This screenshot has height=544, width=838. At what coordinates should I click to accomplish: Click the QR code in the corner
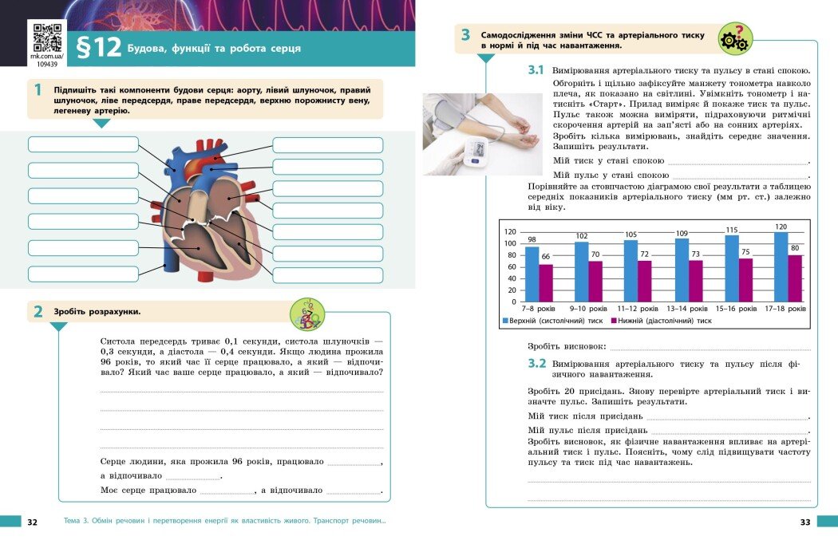(x=46, y=39)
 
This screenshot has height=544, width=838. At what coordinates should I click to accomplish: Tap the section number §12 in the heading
(x=97, y=49)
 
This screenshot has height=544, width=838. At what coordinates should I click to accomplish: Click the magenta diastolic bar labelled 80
(x=795, y=278)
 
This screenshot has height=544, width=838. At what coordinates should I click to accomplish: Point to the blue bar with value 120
(x=781, y=266)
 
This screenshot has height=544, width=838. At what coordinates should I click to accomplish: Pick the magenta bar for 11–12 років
(x=645, y=281)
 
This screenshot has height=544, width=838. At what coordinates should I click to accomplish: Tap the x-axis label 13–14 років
(x=687, y=309)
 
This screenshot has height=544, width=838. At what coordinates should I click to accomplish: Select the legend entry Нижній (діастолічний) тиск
(x=661, y=321)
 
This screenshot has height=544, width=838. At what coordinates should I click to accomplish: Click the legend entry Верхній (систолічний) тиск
(x=552, y=321)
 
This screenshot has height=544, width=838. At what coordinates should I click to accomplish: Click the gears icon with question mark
(x=734, y=37)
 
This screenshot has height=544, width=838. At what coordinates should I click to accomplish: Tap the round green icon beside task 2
(x=306, y=313)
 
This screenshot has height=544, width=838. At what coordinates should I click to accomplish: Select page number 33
(x=804, y=522)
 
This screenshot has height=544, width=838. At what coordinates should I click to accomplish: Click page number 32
(x=32, y=522)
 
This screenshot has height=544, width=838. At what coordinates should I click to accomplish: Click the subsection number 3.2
(x=536, y=364)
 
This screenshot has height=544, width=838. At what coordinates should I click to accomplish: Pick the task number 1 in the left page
(x=38, y=90)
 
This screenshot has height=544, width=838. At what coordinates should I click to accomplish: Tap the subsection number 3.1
(x=536, y=70)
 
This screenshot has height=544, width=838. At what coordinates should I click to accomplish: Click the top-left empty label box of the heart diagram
(x=83, y=144)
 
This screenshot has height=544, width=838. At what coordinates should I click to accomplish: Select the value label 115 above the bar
(x=732, y=230)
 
